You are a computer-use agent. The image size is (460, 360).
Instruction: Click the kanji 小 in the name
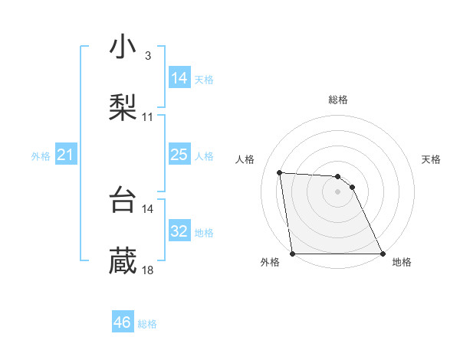click(x=123, y=47)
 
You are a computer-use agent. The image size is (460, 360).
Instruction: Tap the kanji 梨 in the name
click(x=123, y=106)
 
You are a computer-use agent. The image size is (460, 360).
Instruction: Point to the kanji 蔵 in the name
click(x=123, y=260)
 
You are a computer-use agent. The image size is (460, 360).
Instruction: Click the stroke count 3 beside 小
click(x=147, y=57)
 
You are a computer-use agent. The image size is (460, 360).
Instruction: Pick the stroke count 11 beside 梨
click(x=148, y=117)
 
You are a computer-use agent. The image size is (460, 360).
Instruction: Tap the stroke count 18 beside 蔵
click(x=148, y=270)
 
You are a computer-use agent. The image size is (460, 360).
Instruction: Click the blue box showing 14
click(x=179, y=77)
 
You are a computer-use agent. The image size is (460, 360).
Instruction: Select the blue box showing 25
click(x=179, y=155)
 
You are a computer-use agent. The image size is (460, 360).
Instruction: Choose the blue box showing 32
click(x=179, y=231)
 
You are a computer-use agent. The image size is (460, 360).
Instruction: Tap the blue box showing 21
click(x=66, y=155)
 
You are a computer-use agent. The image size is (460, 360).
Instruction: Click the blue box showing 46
click(x=123, y=322)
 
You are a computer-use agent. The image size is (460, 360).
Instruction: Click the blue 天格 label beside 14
click(x=204, y=79)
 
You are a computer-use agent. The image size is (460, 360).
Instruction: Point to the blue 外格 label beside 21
click(x=41, y=156)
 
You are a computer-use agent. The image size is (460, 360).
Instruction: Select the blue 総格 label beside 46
click(x=147, y=324)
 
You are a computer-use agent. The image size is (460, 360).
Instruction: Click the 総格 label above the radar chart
click(x=338, y=100)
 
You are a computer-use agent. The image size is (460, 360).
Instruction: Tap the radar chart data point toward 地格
click(x=383, y=254)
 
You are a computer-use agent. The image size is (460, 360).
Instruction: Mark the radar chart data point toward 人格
click(x=280, y=172)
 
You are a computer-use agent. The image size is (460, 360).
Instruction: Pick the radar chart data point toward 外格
click(x=293, y=254)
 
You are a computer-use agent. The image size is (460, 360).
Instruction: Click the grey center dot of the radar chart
click(x=338, y=191)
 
